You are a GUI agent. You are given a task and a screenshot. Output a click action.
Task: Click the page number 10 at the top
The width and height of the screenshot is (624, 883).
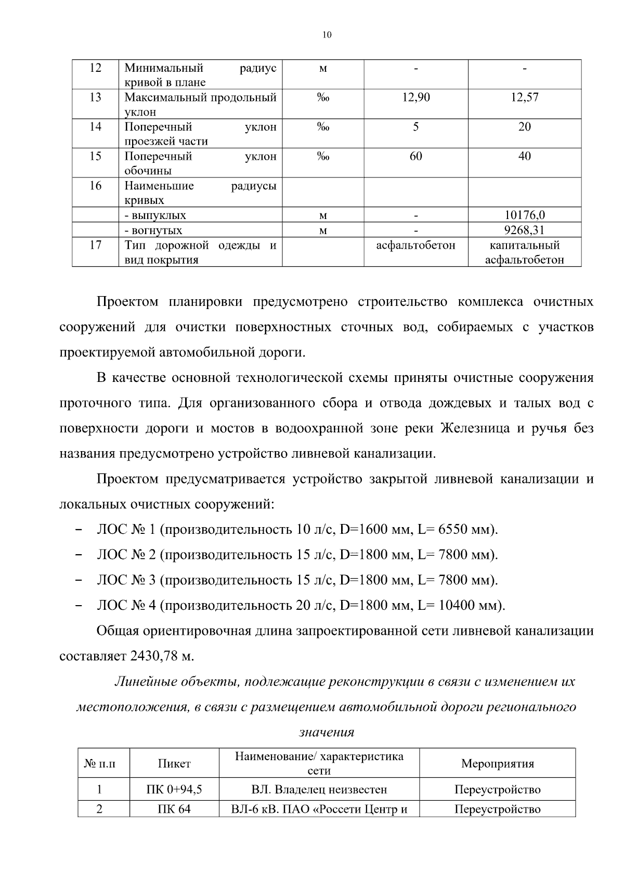coord(327,35)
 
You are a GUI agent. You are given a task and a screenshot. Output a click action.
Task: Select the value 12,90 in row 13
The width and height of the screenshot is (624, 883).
coord(416,97)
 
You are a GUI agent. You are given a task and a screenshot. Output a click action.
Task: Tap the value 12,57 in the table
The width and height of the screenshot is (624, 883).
coord(524,97)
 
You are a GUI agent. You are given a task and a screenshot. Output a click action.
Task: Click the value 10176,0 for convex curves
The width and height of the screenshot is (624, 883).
coord(524,215)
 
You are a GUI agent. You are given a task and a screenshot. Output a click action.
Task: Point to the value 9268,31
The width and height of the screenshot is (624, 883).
coord(524,230)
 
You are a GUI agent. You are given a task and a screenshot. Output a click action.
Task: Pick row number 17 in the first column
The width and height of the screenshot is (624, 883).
coord(95,245)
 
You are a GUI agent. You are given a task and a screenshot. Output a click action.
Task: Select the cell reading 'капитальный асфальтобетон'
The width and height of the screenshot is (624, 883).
coord(524,252)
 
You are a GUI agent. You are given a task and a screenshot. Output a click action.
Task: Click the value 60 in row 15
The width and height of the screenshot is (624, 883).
coord(416,157)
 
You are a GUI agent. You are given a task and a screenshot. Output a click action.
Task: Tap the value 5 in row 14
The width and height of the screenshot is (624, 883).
coord(416,127)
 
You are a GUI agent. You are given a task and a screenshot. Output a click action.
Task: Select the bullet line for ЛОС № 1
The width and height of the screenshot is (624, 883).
coord(297,530)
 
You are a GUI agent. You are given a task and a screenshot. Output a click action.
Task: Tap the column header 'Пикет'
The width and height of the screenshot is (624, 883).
coord(174,764)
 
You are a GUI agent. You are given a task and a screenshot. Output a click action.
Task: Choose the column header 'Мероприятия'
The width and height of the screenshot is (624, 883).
coord(497,764)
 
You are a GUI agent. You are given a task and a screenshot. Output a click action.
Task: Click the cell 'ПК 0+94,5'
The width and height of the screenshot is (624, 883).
coord(174,790)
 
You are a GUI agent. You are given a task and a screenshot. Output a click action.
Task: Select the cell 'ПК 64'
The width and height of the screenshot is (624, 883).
coord(174,810)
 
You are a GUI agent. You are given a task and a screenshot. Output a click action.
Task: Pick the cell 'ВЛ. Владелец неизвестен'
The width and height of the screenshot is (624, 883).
coord(319,790)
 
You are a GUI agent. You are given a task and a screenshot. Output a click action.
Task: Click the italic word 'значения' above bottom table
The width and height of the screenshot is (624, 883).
coord(327,733)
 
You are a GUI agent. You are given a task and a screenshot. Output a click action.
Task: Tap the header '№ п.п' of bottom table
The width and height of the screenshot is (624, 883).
coord(99,764)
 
